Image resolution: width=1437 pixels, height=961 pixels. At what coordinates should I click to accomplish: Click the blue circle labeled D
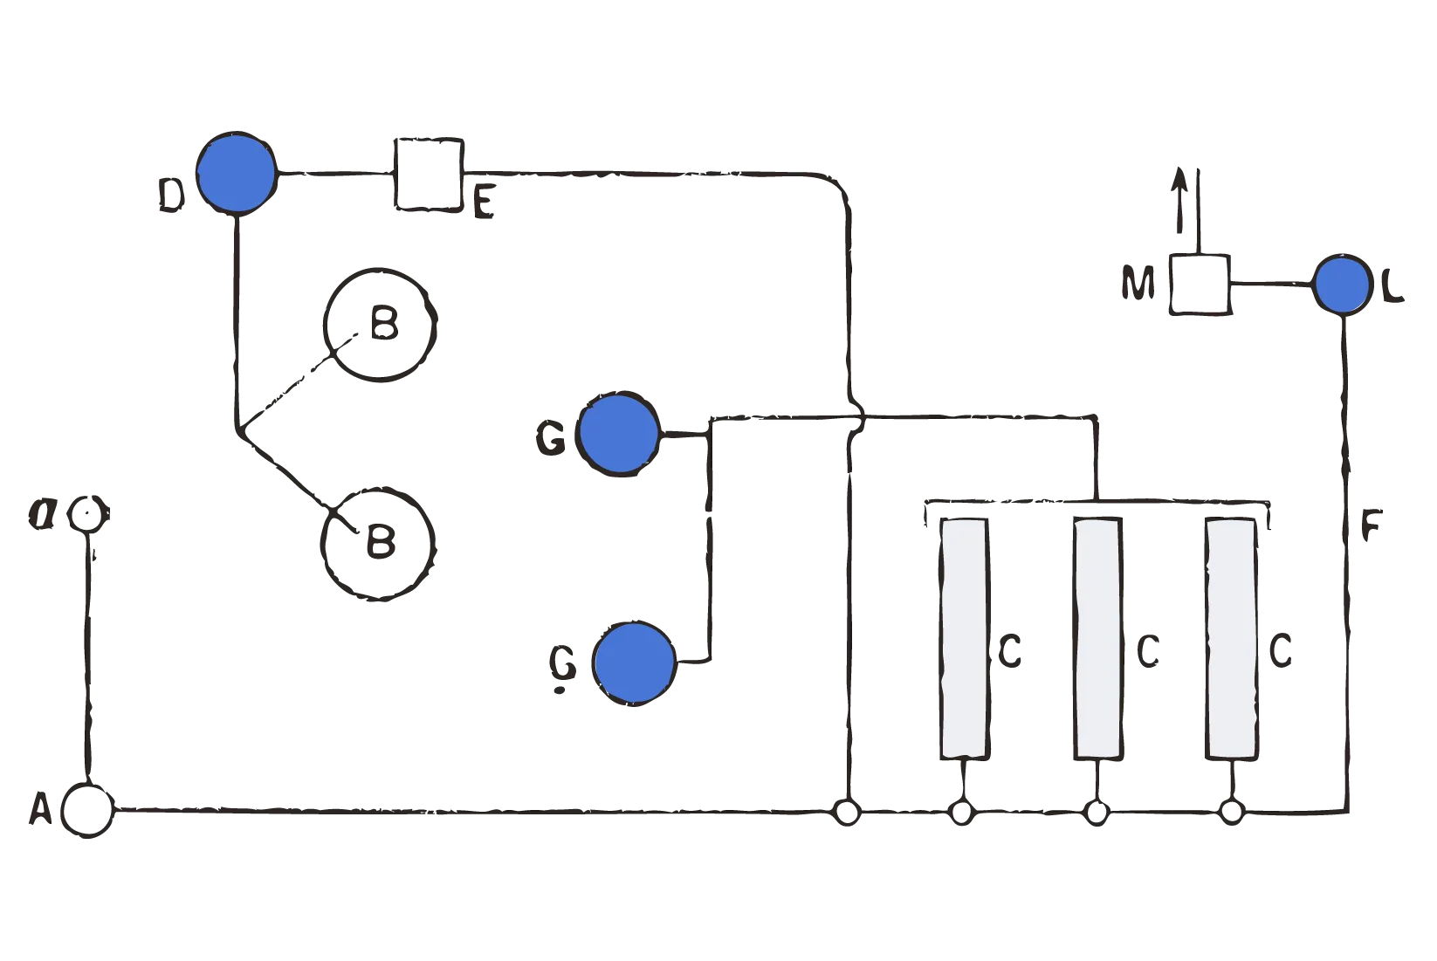[236, 173]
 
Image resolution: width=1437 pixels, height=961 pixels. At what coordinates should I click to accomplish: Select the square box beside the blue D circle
[427, 174]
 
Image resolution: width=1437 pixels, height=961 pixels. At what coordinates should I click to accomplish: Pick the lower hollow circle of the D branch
[376, 543]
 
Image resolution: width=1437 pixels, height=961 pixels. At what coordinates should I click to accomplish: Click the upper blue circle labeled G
[619, 433]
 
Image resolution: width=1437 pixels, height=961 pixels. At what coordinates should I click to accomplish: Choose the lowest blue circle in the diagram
[635, 662]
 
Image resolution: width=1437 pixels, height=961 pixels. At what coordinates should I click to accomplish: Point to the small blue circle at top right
[1342, 285]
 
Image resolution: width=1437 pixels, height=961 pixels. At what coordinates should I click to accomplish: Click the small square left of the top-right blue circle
[1200, 284]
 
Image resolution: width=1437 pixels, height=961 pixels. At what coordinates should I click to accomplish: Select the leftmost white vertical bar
[964, 638]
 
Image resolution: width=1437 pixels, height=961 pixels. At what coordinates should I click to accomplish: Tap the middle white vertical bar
[1097, 638]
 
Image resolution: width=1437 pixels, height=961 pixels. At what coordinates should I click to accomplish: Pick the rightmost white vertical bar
[1232, 638]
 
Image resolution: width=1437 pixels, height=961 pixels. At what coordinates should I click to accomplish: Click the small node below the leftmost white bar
[961, 815]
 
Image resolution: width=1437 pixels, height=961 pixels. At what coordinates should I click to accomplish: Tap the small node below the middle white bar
[1097, 815]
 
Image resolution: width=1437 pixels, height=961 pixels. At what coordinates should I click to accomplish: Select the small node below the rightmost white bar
[1232, 815]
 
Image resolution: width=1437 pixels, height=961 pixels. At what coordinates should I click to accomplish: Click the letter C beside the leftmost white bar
[1011, 650]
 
